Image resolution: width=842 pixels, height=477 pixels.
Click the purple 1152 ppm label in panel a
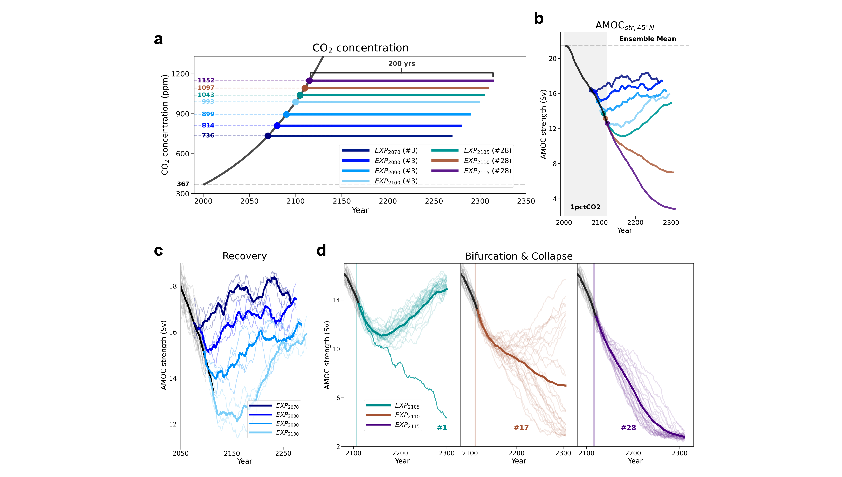206,80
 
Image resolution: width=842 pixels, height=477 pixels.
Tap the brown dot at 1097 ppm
305,88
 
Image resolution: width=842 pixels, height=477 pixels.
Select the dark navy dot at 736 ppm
268,136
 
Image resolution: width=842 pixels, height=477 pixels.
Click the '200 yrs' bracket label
401,63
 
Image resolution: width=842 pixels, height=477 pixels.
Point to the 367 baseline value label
183,184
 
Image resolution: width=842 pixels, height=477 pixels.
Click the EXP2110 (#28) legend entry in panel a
471,161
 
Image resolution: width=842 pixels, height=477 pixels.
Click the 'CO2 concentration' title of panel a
360,48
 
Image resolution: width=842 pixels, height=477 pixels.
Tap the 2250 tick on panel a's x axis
434,201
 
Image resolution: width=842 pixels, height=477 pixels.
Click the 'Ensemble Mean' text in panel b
648,39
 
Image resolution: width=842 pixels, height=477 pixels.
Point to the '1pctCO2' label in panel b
585,207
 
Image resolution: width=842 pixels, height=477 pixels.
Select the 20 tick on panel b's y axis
552,59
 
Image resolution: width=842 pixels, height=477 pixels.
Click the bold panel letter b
539,19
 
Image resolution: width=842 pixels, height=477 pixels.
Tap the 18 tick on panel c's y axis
173,286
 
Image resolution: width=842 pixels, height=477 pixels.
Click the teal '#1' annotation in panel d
442,428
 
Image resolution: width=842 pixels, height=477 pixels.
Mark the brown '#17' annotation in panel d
521,428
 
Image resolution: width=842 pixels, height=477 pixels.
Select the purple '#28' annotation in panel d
628,428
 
